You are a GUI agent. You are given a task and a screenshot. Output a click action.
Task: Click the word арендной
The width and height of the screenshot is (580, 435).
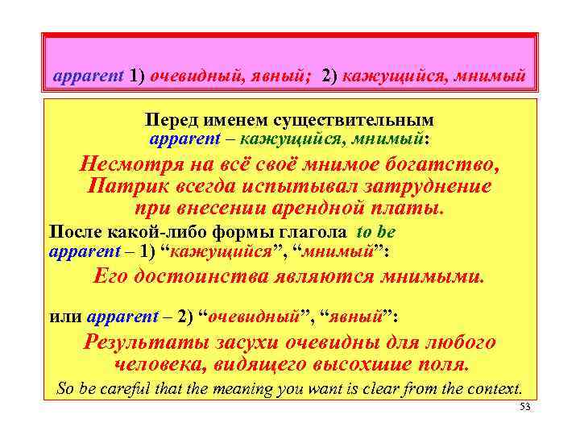329,207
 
